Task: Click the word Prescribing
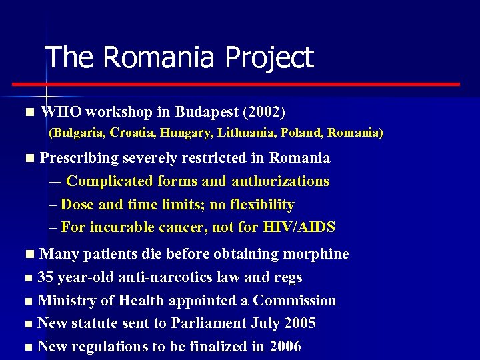pos(79,158)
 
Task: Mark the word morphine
pos(316,254)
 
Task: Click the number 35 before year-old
pos(46,277)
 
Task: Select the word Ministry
pos(64,301)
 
